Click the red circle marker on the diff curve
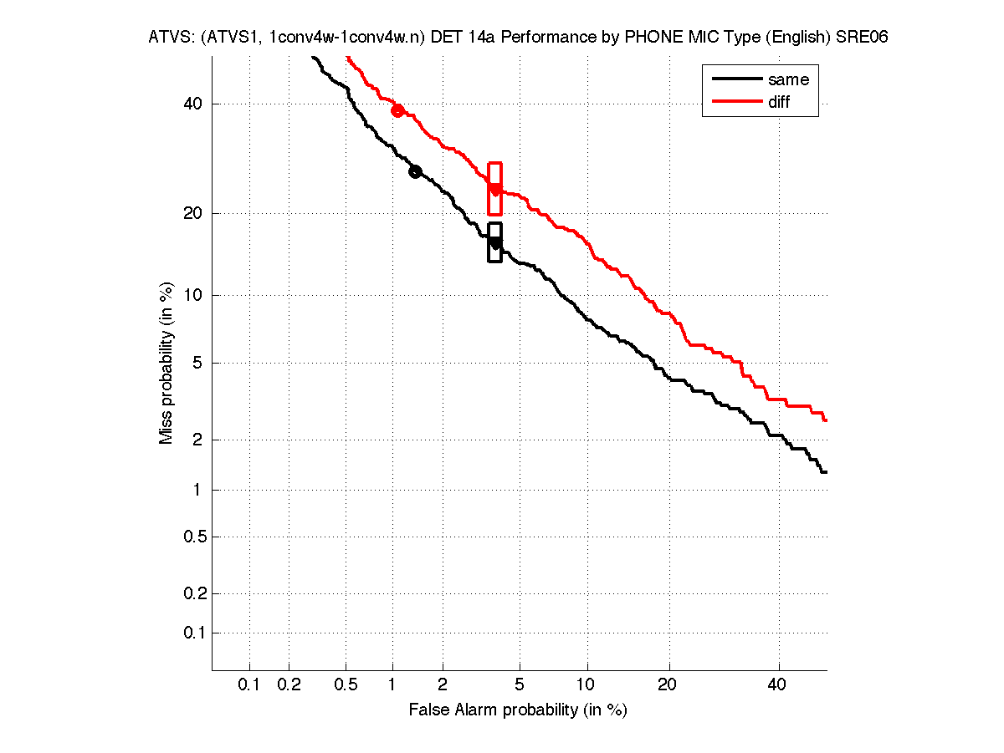(x=398, y=110)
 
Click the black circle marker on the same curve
(x=415, y=171)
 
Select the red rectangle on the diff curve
(x=494, y=189)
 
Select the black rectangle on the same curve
(x=494, y=242)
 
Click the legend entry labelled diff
(x=779, y=102)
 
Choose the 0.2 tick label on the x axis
(x=289, y=685)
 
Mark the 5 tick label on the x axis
(x=520, y=685)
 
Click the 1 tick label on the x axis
(x=392, y=685)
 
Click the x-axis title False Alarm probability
(x=518, y=710)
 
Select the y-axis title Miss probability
(x=166, y=362)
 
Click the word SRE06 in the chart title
(x=862, y=38)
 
